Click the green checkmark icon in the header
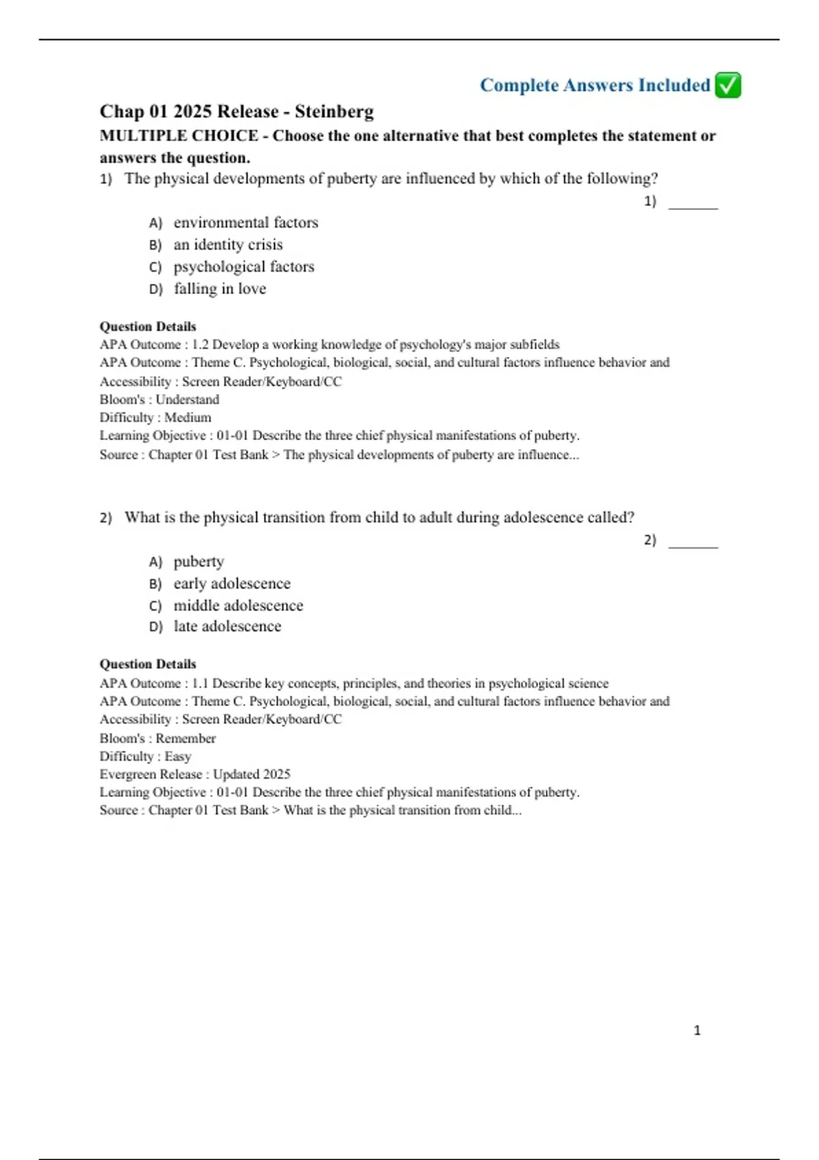(x=728, y=85)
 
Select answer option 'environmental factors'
(x=246, y=222)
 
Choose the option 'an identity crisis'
(x=228, y=244)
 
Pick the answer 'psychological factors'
(x=244, y=267)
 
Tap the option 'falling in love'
(x=220, y=289)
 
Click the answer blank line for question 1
(x=693, y=207)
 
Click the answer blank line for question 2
(x=693, y=546)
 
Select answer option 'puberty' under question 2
(x=199, y=562)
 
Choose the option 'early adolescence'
(x=232, y=583)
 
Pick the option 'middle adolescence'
(x=238, y=605)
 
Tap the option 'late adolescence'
(x=227, y=626)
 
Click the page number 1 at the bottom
(x=697, y=1030)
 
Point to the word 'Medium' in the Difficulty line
(x=188, y=418)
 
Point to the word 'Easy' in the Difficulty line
(x=177, y=756)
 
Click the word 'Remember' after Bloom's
(x=186, y=738)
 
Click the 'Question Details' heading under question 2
(x=147, y=664)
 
